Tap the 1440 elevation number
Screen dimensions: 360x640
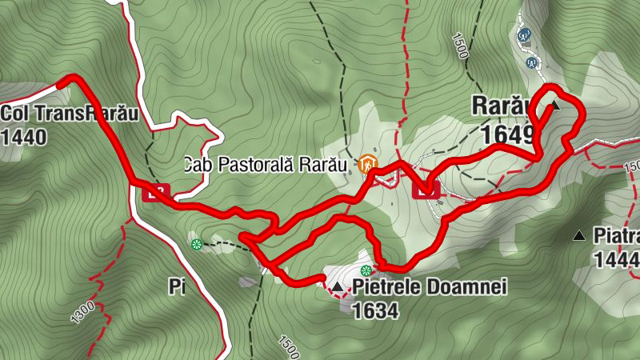tap(24, 136)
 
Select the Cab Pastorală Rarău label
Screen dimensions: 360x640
tap(265, 165)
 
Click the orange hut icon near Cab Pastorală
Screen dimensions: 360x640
tap(368, 164)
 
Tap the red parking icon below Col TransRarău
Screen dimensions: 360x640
tap(158, 191)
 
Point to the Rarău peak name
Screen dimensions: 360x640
tap(502, 105)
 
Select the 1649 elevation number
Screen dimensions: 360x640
tap(509, 134)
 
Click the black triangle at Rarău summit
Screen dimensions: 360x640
tap(554, 105)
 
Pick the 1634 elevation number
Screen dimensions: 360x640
tap(374, 310)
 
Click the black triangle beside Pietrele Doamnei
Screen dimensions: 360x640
tap(338, 286)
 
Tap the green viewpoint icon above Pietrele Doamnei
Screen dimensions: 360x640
tap(366, 270)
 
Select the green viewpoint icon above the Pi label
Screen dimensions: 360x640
tap(196, 243)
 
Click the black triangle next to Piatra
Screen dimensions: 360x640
tap(579, 236)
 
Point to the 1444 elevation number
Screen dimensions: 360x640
tap(617, 259)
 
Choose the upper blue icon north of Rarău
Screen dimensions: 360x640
tap(526, 35)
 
